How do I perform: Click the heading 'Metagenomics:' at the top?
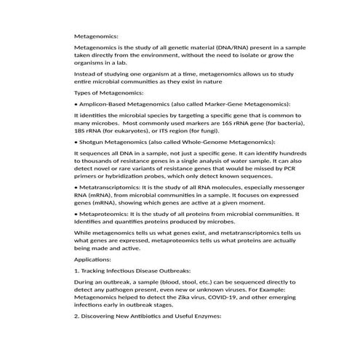(x=96, y=35)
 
